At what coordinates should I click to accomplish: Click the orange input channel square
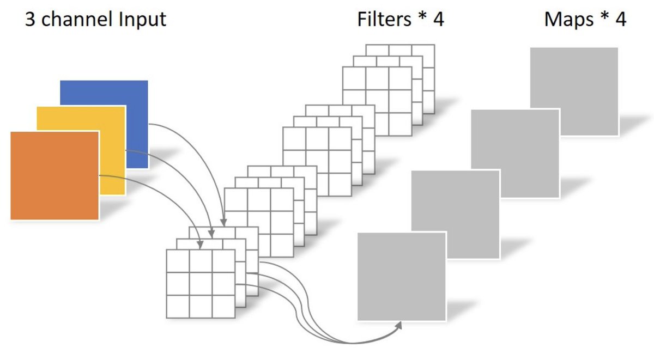[55, 175]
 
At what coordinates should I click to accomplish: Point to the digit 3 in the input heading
[30, 20]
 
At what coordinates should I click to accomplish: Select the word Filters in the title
[384, 19]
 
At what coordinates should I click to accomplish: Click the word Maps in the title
[569, 20]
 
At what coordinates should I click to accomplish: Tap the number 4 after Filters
[439, 20]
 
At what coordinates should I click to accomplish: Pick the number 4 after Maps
[621, 20]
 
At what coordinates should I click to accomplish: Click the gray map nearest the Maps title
[574, 91]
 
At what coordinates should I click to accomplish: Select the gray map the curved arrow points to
[402, 277]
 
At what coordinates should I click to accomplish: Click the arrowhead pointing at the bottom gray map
[399, 325]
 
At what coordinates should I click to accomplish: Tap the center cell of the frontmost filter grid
[201, 284]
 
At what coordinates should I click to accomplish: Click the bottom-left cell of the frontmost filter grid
[178, 307]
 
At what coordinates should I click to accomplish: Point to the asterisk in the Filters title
[422, 16]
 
